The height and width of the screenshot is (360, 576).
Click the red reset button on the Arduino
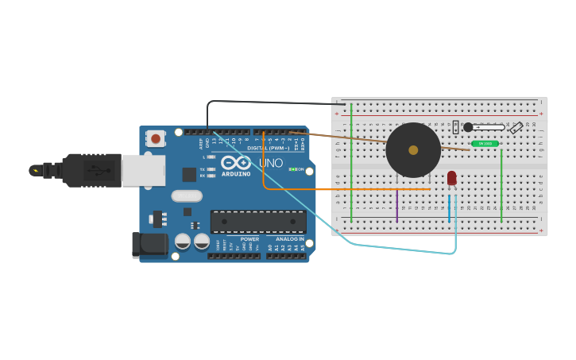tap(156, 138)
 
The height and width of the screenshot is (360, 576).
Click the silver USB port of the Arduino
tap(143, 170)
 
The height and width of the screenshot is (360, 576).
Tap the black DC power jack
tap(149, 245)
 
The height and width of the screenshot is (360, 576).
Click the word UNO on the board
tap(271, 163)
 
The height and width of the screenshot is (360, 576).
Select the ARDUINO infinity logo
tap(236, 163)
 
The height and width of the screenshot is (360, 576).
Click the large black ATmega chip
tap(257, 222)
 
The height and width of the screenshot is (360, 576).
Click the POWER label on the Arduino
tap(249, 238)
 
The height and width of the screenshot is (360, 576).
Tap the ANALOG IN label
tap(290, 238)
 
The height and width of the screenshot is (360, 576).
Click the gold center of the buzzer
tap(413, 149)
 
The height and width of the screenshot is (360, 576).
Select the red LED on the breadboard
tap(451, 178)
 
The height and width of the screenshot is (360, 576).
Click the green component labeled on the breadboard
tap(485, 144)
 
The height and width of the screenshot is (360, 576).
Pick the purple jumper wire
tap(396, 205)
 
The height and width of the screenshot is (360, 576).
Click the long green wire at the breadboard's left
tap(351, 167)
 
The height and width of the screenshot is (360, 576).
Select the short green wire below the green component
tap(501, 187)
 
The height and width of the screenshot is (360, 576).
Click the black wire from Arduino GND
tap(262, 101)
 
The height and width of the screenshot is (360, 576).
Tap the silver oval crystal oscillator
tap(187, 195)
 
